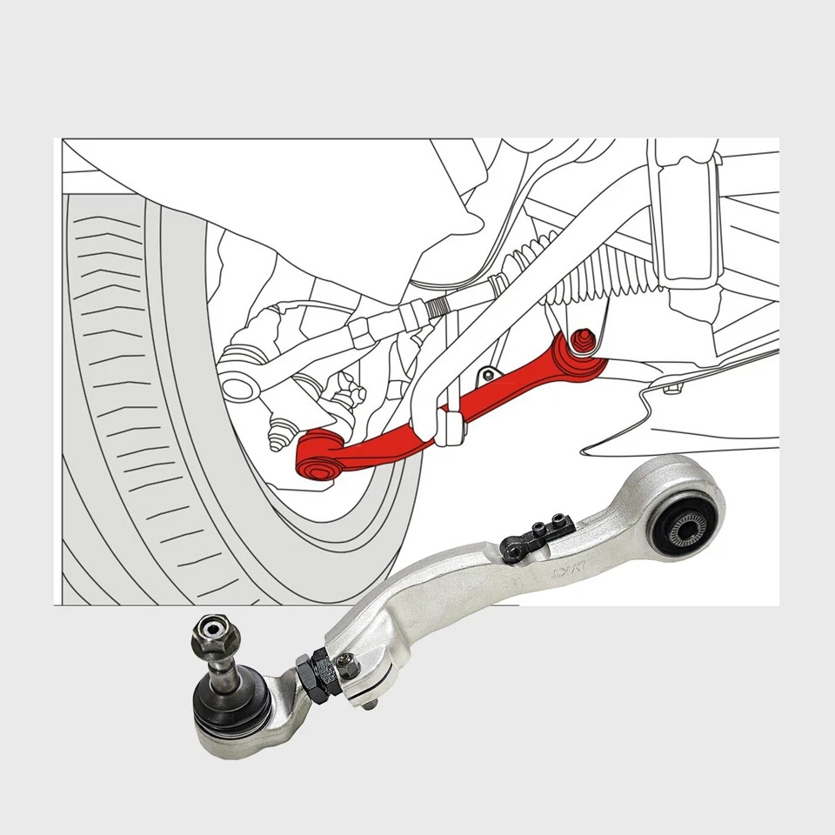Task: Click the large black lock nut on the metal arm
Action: (x=311, y=675)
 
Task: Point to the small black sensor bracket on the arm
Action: (x=536, y=537)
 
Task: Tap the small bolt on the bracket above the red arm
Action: (x=490, y=375)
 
